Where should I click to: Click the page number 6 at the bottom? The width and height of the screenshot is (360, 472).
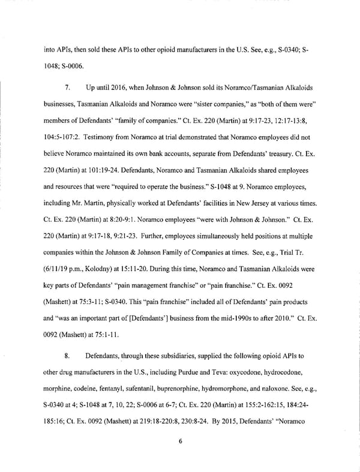click(x=180, y=442)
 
